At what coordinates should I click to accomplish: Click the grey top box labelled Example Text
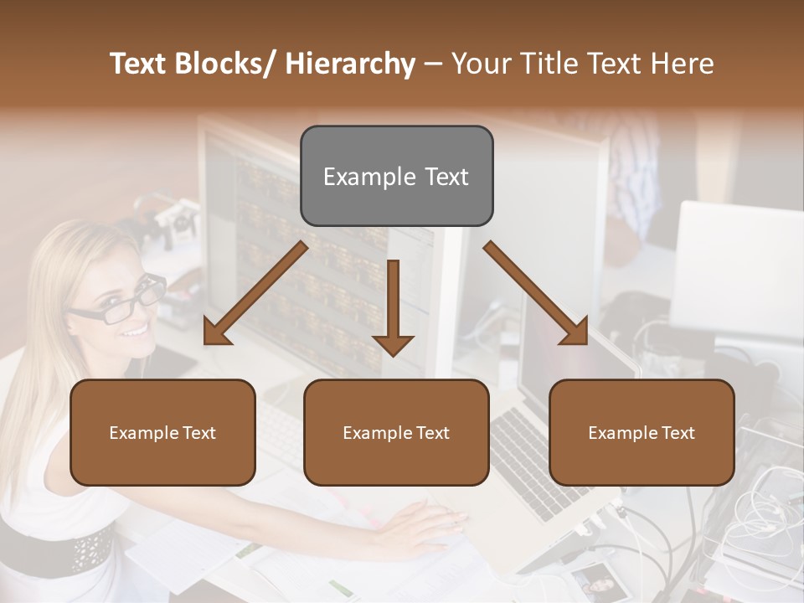coord(396,176)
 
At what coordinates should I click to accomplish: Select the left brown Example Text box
coord(162,432)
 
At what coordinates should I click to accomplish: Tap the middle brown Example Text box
coord(396,432)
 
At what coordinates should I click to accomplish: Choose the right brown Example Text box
coord(642,432)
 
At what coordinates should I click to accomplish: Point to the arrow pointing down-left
coord(255,293)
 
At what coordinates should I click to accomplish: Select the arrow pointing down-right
coord(536,293)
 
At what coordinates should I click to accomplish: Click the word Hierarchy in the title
coord(349,64)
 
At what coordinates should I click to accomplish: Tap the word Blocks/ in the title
coord(227,64)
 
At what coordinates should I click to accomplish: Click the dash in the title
coord(433,64)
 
